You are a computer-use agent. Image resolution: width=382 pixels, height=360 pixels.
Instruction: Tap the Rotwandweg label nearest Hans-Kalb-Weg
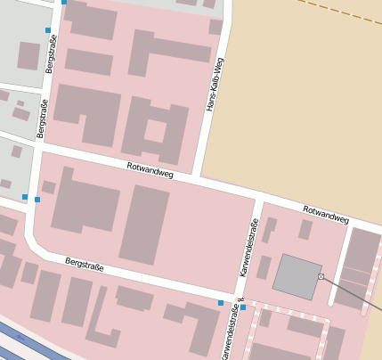150,170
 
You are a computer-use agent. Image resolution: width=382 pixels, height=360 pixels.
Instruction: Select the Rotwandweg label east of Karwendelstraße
325,214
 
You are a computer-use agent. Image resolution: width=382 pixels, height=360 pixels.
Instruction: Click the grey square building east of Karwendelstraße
297,275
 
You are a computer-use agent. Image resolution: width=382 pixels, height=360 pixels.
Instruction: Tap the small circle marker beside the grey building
321,277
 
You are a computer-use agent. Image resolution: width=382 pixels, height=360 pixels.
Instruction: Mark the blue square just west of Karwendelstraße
221,304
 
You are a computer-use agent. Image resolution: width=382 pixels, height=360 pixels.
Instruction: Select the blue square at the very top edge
64,3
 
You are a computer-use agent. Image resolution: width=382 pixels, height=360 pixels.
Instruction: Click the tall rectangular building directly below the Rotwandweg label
143,225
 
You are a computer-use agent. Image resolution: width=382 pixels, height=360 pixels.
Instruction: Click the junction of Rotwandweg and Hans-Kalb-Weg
197,180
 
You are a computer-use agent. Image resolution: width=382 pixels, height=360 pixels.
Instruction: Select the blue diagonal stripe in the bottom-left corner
27,343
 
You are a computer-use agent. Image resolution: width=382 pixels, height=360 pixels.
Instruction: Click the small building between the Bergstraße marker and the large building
49,187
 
